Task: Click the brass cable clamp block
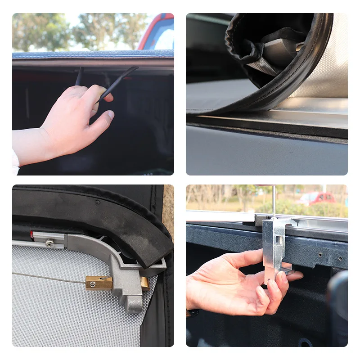98,283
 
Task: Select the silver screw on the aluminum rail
49,243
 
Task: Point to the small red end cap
31,234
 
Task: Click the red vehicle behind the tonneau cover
157,34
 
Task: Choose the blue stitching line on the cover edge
90,54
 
